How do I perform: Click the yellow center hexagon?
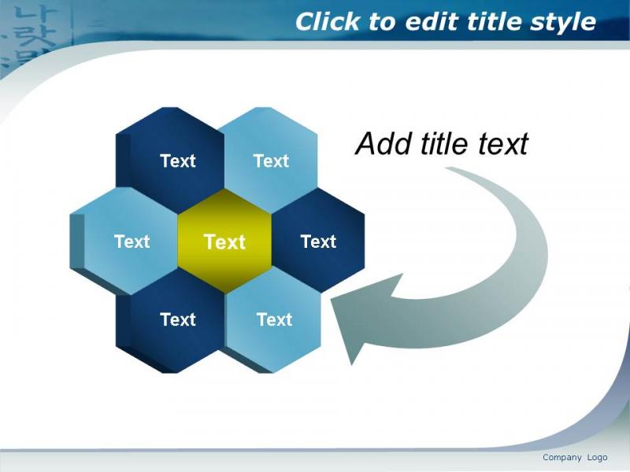224,242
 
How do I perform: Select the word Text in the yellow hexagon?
224,242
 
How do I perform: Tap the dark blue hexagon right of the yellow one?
318,241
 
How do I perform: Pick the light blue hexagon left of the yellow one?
124,242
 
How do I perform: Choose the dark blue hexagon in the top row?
170,160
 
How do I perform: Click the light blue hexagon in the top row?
271,160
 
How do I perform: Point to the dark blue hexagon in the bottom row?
170,321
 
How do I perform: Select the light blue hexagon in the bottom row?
272,320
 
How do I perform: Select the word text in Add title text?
502,143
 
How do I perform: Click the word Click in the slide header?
328,21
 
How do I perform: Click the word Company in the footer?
561,458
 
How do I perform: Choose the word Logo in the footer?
597,458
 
